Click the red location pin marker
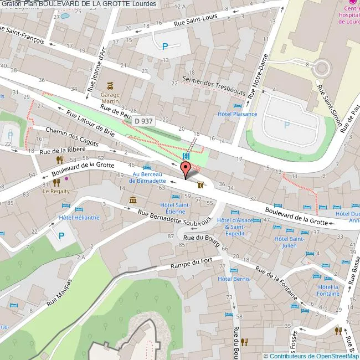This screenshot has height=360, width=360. (x=184, y=169)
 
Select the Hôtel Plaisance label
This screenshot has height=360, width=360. (x=237, y=114)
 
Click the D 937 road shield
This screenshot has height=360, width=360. (x=143, y=121)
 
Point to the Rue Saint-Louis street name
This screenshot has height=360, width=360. (x=196, y=20)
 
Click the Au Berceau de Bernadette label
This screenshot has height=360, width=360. (x=147, y=177)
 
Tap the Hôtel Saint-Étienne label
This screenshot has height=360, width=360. (x=174, y=208)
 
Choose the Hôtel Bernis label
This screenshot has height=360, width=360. (x=233, y=279)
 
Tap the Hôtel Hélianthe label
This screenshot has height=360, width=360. (x=79, y=217)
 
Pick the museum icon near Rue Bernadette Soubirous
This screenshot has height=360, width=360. (x=133, y=200)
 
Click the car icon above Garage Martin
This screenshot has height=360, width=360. (x=111, y=86)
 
